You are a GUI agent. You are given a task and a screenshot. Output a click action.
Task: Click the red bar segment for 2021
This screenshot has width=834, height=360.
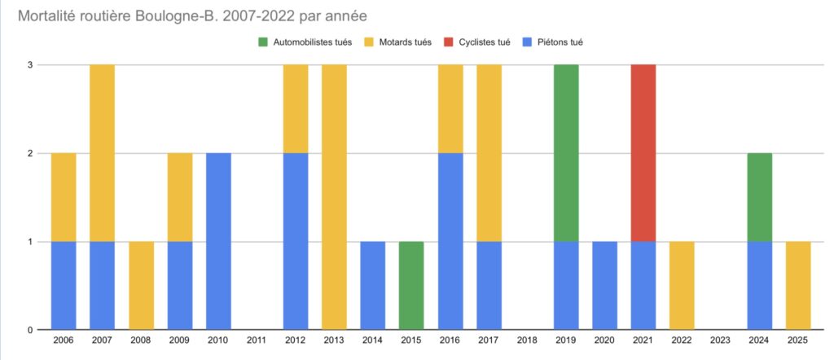(x=643, y=152)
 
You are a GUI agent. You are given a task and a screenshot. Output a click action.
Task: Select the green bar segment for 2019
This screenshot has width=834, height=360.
(x=565, y=152)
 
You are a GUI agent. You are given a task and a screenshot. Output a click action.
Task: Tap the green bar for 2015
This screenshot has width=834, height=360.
(x=410, y=285)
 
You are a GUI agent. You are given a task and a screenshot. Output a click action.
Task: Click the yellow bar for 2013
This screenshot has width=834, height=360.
(x=333, y=197)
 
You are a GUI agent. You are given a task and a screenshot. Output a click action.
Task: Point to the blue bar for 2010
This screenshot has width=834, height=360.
(x=217, y=241)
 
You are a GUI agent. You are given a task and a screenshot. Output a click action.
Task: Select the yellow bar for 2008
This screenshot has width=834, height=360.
(x=140, y=285)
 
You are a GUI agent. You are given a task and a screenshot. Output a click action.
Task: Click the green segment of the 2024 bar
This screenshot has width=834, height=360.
(x=759, y=197)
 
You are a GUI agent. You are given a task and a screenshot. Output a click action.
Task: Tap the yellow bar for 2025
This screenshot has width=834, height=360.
(x=797, y=285)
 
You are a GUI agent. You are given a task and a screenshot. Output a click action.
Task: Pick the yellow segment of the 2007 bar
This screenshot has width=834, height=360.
(x=102, y=152)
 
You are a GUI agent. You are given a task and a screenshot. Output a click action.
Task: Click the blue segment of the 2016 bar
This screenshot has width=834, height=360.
(x=450, y=241)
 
